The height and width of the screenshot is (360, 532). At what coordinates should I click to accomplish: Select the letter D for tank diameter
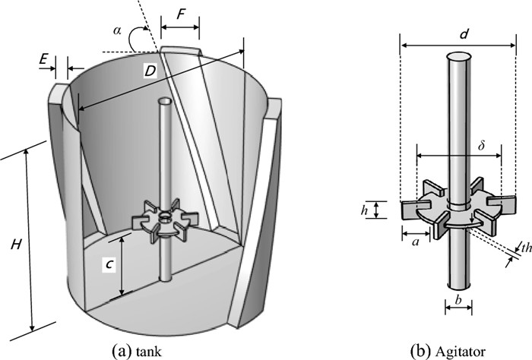150,71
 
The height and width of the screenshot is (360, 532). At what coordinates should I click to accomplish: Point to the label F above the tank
180,14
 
